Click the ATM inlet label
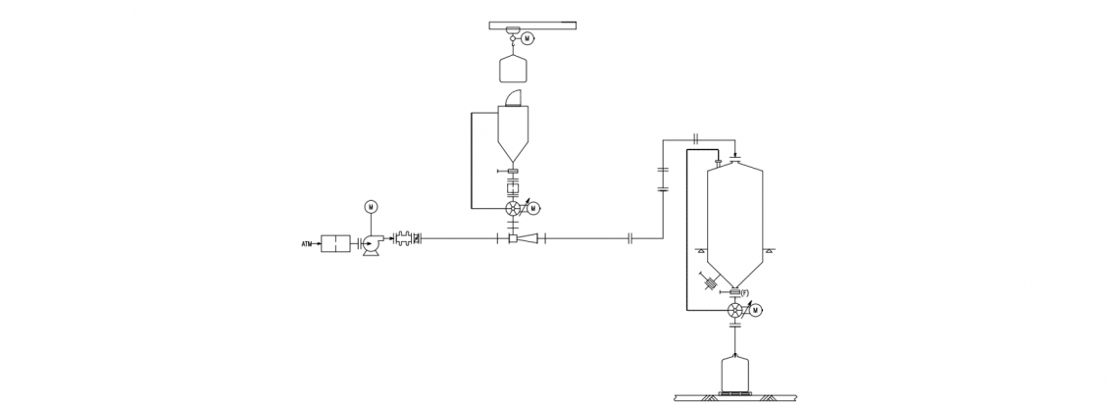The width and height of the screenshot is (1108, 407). [307, 244]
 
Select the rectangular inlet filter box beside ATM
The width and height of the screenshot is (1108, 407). [335, 244]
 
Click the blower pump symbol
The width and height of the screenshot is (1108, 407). [371, 245]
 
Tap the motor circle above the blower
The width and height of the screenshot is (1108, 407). [371, 206]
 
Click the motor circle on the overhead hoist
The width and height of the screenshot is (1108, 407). [527, 39]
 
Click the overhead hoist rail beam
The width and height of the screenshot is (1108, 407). [532, 25]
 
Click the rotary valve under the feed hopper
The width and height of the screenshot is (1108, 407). [514, 208]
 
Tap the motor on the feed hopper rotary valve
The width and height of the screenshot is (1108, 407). [533, 208]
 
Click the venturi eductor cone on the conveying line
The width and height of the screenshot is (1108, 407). [528, 239]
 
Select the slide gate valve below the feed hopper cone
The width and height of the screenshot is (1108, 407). [512, 171]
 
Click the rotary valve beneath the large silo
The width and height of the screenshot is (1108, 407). [735, 310]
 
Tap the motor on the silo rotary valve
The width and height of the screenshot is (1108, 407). [756, 310]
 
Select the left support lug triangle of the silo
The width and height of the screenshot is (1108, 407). [701, 250]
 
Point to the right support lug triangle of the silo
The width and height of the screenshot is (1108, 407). [769, 250]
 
